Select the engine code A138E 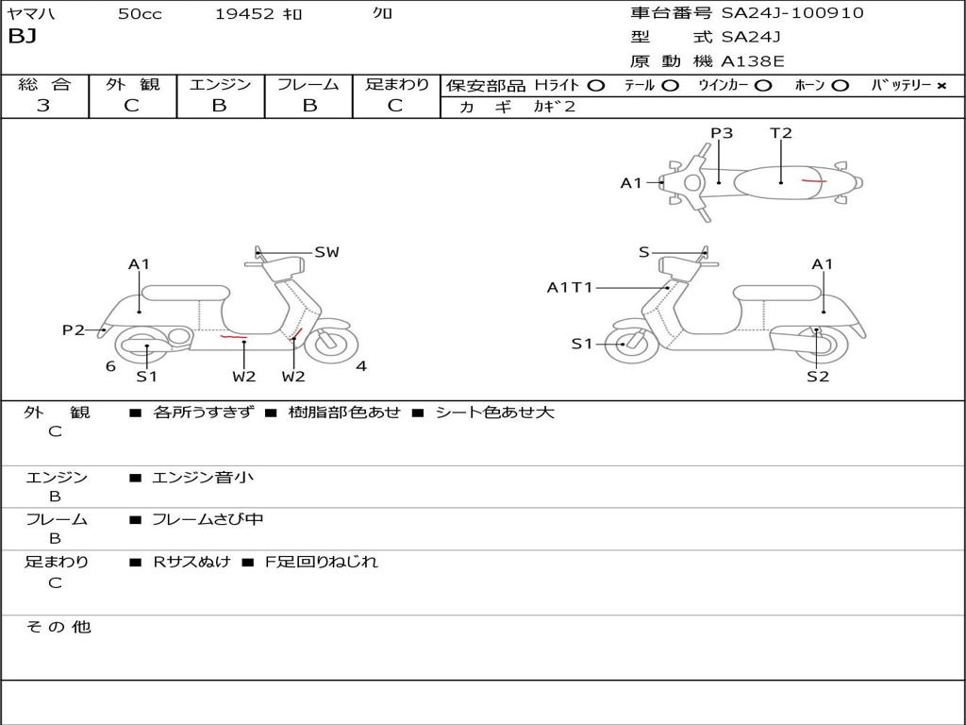(754, 61)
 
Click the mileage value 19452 (244, 14)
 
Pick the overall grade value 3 (43, 106)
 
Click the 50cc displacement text (140, 14)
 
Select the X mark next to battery (941, 86)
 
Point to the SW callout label (326, 252)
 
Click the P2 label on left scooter (74, 329)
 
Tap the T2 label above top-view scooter (781, 133)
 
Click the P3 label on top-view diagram (722, 133)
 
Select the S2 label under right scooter (817, 377)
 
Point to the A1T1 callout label (570, 287)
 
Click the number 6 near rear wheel (110, 366)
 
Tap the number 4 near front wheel (361, 366)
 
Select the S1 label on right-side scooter (582, 344)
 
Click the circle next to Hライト (596, 86)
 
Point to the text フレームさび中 (208, 519)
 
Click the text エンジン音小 (203, 478)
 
